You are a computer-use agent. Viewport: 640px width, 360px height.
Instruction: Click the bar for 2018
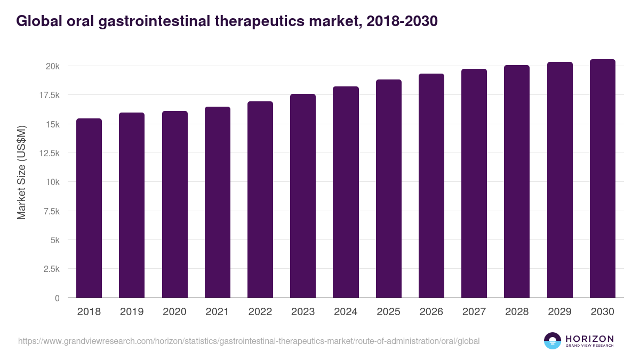pyautogui.click(x=89, y=208)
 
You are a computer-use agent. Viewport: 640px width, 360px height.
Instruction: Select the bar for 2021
pyautogui.click(x=218, y=202)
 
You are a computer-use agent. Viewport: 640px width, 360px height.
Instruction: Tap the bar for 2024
pyautogui.click(x=346, y=192)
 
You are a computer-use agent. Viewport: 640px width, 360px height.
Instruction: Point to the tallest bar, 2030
pyautogui.click(x=602, y=178)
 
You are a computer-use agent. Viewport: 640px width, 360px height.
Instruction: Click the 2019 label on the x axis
pyautogui.click(x=132, y=312)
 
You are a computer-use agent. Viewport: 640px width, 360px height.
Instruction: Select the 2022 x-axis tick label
pyautogui.click(x=260, y=312)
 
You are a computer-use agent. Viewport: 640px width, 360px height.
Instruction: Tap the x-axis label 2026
pyautogui.click(x=431, y=312)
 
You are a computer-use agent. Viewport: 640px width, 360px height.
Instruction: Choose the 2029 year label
pyautogui.click(x=559, y=312)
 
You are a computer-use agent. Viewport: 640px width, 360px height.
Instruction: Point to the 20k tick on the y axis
pyautogui.click(x=52, y=66)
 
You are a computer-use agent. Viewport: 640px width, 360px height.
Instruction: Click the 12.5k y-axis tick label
pyautogui.click(x=48, y=153)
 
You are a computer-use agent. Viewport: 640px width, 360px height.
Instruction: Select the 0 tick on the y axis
pyautogui.click(x=57, y=298)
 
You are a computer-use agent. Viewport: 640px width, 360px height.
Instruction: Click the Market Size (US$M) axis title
pyautogui.click(x=21, y=172)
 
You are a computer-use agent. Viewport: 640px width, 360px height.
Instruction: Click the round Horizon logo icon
pyautogui.click(x=552, y=341)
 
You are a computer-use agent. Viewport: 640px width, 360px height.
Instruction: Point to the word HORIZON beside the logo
pyautogui.click(x=589, y=338)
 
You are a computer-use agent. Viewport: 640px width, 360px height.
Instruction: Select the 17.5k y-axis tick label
pyautogui.click(x=48, y=95)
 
